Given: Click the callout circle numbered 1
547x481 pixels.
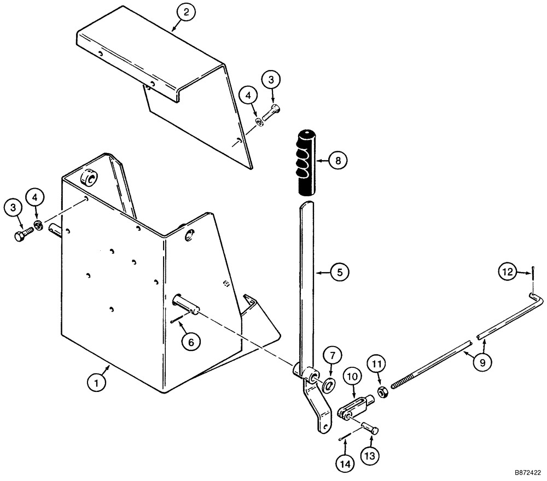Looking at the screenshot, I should tap(96, 384).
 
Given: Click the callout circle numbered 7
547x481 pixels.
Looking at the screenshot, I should tap(333, 356).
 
